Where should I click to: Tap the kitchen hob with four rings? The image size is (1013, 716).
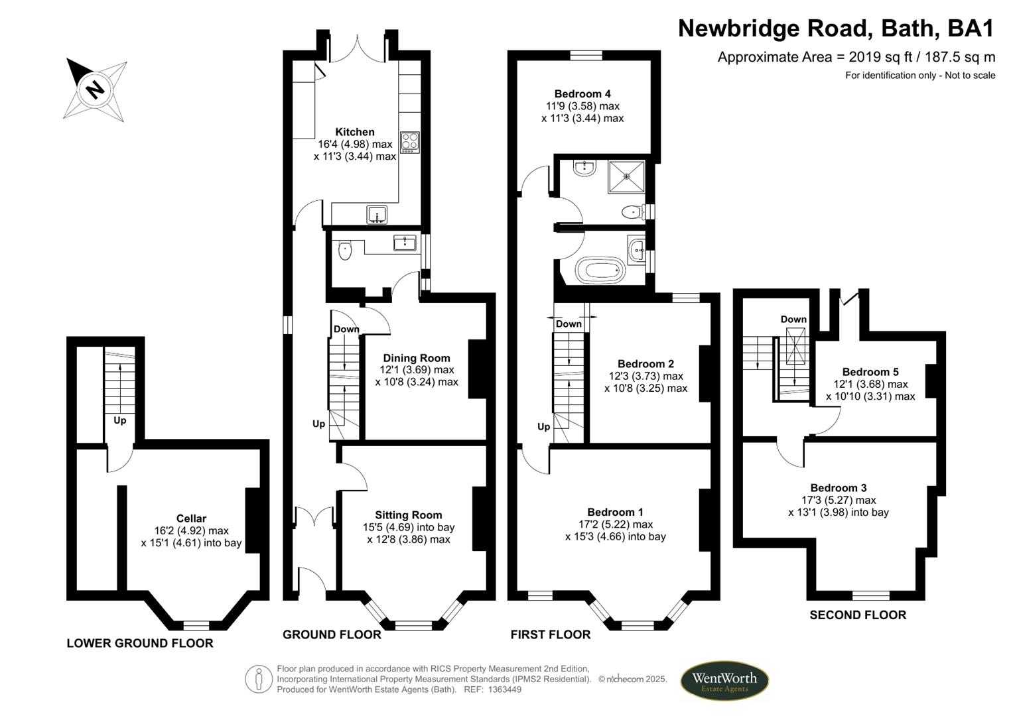point(409,143)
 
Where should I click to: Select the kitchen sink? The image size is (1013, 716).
point(377,214)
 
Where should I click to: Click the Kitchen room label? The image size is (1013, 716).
point(354,132)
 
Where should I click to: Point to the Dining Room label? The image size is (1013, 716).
point(416,358)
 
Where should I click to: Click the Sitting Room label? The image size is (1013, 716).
point(408,515)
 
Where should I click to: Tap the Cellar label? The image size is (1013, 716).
point(191,518)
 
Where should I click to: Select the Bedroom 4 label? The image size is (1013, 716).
point(582,94)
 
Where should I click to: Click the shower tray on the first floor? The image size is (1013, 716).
point(626,176)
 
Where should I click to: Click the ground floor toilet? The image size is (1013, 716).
point(345,251)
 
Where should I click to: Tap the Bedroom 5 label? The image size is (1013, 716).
point(870,372)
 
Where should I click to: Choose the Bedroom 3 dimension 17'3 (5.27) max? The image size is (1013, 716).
point(839,501)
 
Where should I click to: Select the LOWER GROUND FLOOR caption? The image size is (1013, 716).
point(140,643)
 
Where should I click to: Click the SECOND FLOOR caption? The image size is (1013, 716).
point(857,615)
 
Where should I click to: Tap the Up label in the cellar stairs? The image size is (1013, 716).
point(119,420)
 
